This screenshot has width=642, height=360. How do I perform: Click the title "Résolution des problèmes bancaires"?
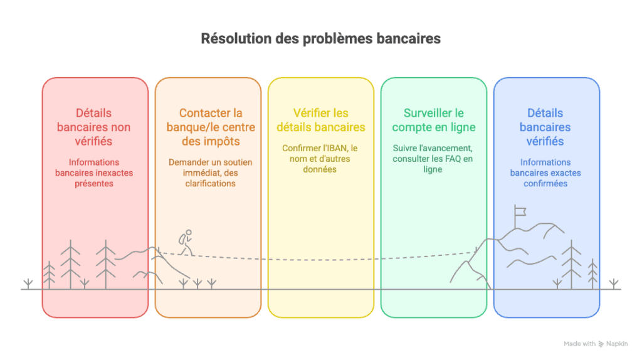point(320,38)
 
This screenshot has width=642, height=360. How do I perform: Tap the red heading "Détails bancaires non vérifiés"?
point(94,127)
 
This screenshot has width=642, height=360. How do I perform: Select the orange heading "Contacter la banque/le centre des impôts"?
point(211,127)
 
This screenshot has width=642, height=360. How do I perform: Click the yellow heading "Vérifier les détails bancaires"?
point(320,120)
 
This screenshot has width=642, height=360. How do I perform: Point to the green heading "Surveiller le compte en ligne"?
point(434,120)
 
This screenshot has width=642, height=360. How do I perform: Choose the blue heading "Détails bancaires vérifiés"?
point(545,127)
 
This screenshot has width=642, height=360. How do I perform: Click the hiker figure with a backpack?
point(186,243)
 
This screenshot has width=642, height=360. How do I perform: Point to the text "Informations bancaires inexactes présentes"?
point(94,173)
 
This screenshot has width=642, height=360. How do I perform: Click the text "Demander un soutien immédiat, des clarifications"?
point(211,173)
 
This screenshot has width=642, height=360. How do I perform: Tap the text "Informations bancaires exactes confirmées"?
point(545,173)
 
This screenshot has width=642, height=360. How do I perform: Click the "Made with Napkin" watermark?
point(596,344)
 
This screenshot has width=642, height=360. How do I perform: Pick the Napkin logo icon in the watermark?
point(601,344)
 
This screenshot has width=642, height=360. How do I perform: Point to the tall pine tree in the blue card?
point(571,265)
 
